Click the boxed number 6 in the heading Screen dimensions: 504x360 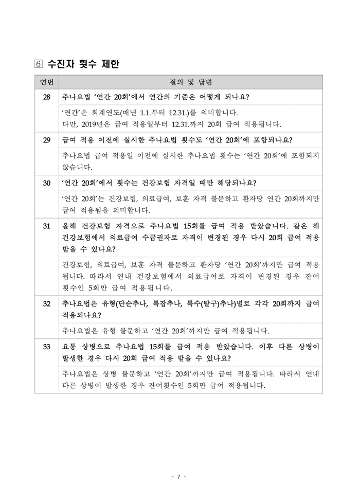39,65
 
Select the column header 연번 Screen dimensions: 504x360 46,83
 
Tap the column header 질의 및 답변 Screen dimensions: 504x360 191,83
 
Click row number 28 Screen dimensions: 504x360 46,97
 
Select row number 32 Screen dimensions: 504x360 46,303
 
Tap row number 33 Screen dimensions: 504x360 46,346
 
